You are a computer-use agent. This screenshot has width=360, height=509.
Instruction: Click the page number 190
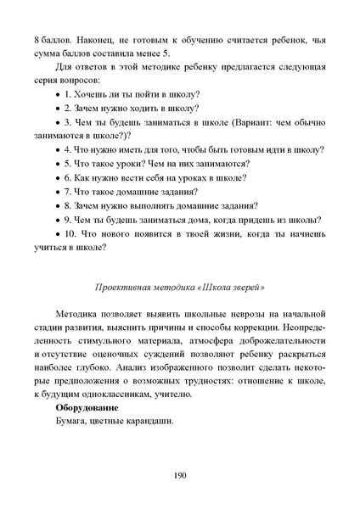pos(179,474)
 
